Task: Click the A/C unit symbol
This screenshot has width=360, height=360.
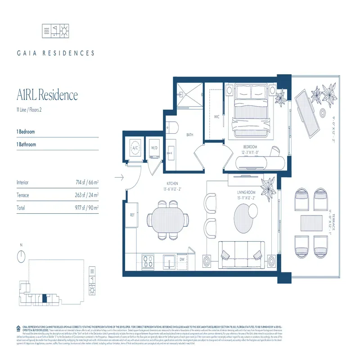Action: pos(135,148)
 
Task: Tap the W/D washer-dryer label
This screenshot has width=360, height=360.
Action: pos(154,148)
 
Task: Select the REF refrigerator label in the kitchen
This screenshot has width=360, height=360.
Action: pos(133,215)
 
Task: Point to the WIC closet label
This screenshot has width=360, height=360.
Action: pos(216,117)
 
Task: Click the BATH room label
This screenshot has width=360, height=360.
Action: pos(190,135)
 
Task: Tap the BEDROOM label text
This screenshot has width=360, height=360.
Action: pos(250,147)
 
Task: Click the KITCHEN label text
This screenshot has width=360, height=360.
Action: pos(172,183)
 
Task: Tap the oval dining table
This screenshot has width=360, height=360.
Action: pos(167,220)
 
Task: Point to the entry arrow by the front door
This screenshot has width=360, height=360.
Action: pos(119,178)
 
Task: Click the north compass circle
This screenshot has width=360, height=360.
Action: pos(21,256)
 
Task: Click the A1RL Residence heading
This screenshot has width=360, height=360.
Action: pos(47,95)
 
